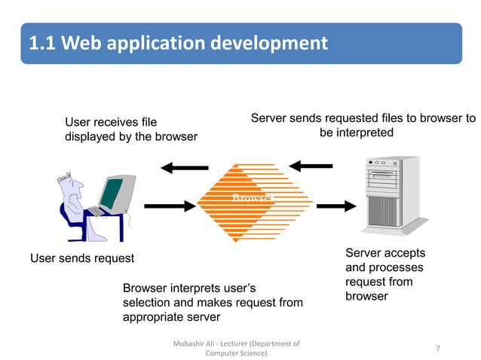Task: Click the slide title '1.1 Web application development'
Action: pyautogui.click(x=178, y=43)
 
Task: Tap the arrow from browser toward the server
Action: pyautogui.click(x=336, y=205)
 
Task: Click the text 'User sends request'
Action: pyautogui.click(x=81, y=258)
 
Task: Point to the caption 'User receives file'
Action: pyautogui.click(x=111, y=122)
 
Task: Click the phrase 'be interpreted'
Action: pyautogui.click(x=356, y=133)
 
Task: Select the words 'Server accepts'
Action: pyautogui.click(x=384, y=253)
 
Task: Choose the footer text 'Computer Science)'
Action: pyautogui.click(x=236, y=353)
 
